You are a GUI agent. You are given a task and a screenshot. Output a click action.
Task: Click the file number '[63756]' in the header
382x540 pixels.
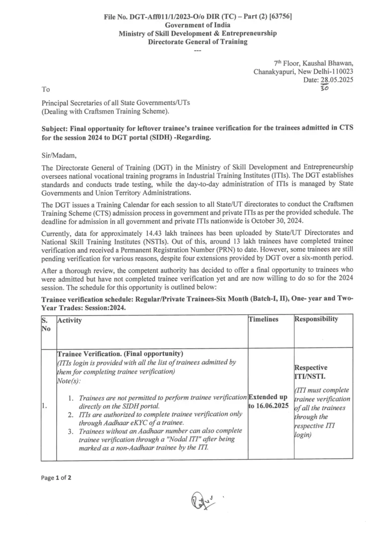[279, 16]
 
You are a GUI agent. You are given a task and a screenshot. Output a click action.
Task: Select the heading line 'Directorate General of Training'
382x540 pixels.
[197, 42]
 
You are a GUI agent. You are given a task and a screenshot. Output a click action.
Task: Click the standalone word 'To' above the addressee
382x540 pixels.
[46, 90]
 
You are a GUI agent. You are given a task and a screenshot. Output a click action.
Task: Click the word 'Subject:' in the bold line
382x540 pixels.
[56, 128]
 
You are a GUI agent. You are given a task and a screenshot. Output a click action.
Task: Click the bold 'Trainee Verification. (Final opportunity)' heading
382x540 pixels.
[121, 354]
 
